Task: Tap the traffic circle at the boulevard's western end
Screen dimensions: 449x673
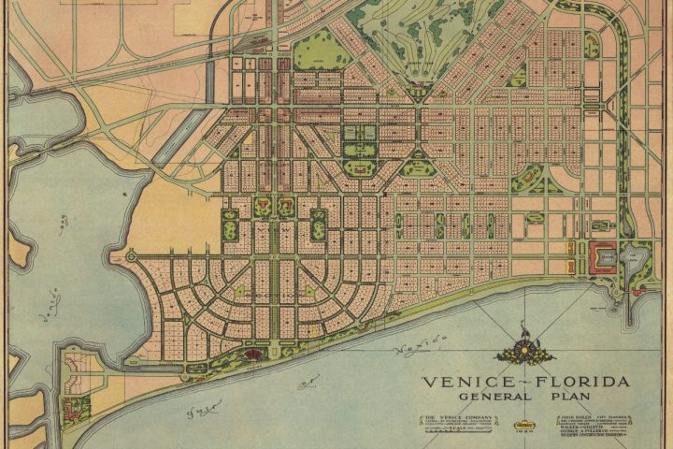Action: pyautogui.click(x=130, y=254)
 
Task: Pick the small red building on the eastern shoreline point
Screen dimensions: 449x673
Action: pyautogui.click(x=639, y=290)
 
